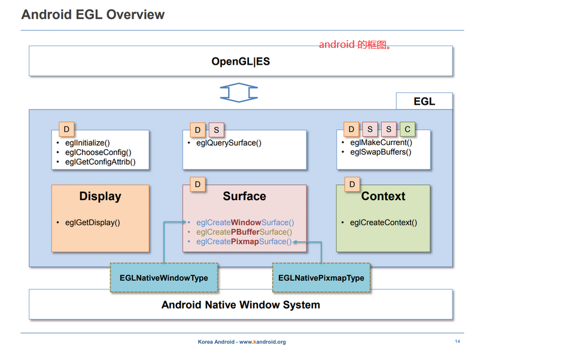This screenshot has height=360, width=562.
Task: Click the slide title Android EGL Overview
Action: tap(93, 14)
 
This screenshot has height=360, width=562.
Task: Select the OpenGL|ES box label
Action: tap(241, 61)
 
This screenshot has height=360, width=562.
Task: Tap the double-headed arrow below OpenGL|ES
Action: tap(239, 92)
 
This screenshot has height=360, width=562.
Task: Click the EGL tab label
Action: tap(424, 101)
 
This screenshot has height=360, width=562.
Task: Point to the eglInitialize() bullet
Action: tap(87, 143)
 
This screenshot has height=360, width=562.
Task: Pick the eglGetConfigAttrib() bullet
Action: tap(100, 162)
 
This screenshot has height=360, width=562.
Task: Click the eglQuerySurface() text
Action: tap(229, 143)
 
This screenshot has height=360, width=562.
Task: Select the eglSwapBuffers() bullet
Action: tap(381, 152)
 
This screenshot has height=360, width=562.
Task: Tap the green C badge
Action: tap(408, 129)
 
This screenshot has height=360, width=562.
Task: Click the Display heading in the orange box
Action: tap(100, 196)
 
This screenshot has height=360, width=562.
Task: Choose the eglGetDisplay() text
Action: tap(92, 223)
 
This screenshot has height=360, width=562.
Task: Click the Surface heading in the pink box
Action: tap(244, 196)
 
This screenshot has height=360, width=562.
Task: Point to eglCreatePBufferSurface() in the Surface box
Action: tap(244, 232)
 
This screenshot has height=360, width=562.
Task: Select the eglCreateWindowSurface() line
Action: tap(245, 222)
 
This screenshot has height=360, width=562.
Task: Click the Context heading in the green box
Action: tap(383, 196)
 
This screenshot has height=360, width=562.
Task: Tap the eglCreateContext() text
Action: tap(383, 223)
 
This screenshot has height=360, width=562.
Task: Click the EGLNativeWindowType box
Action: tap(163, 278)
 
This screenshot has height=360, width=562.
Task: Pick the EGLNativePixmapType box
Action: tap(321, 278)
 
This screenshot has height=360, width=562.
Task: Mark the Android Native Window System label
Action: tap(241, 305)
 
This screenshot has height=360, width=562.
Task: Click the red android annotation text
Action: tap(355, 45)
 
